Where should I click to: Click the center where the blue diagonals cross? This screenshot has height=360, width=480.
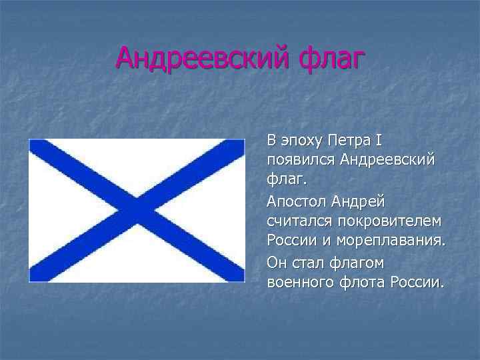point(136,209)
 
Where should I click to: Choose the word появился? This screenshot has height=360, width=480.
point(300,160)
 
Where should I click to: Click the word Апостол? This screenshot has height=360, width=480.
point(294,201)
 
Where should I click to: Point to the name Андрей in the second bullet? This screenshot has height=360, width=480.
point(357,201)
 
